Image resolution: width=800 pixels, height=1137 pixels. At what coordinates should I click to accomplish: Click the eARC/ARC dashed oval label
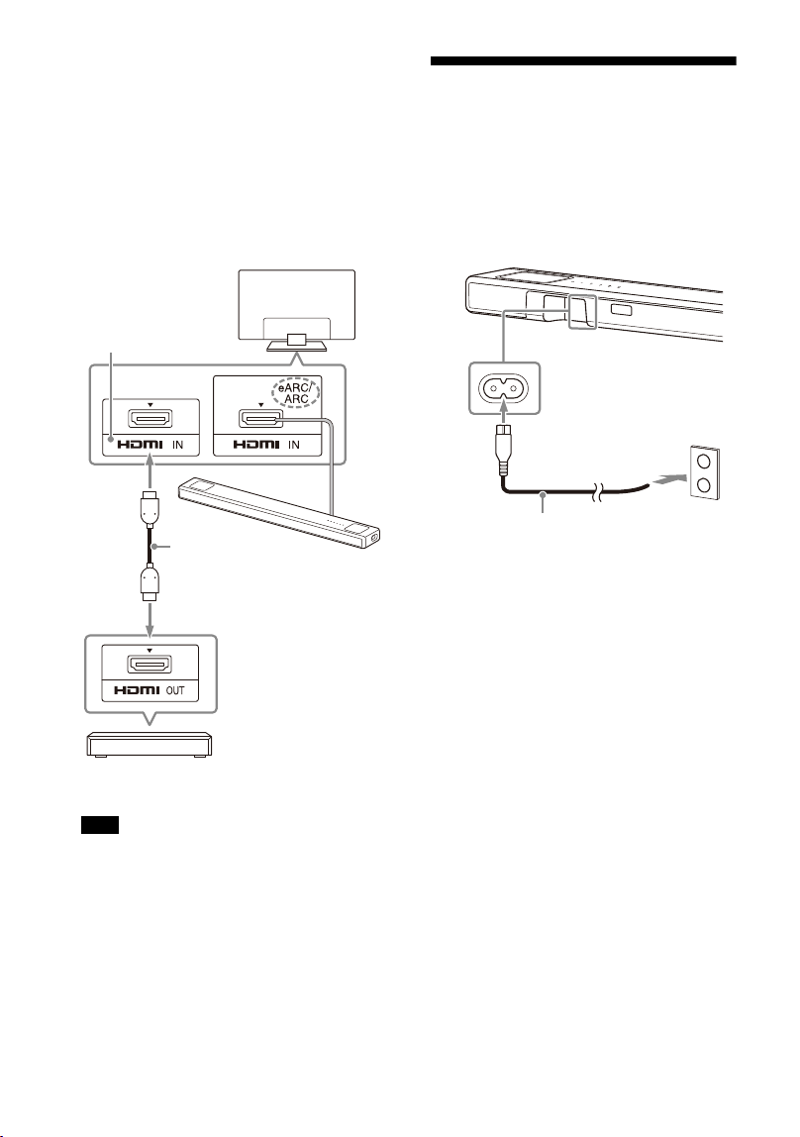(x=296, y=393)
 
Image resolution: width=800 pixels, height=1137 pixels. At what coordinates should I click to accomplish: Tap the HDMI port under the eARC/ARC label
(x=260, y=419)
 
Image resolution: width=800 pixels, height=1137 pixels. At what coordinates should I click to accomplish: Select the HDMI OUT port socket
(x=150, y=664)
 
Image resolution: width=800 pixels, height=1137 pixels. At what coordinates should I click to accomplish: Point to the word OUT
(x=175, y=690)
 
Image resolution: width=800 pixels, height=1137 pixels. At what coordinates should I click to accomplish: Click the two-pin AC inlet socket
(x=504, y=388)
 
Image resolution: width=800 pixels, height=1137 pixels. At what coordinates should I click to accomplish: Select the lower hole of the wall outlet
(x=704, y=484)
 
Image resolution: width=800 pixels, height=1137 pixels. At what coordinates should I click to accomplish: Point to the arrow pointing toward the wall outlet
(x=666, y=479)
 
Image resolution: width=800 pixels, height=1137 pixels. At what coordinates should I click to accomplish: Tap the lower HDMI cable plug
(x=150, y=582)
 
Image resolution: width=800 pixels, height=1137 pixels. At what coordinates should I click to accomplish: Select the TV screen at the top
(x=297, y=305)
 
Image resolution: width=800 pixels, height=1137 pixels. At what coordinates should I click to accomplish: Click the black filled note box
(x=99, y=824)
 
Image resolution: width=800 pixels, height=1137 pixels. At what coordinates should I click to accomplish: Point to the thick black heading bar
(x=583, y=61)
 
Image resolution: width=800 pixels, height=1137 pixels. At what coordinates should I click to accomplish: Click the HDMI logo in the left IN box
(x=140, y=445)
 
